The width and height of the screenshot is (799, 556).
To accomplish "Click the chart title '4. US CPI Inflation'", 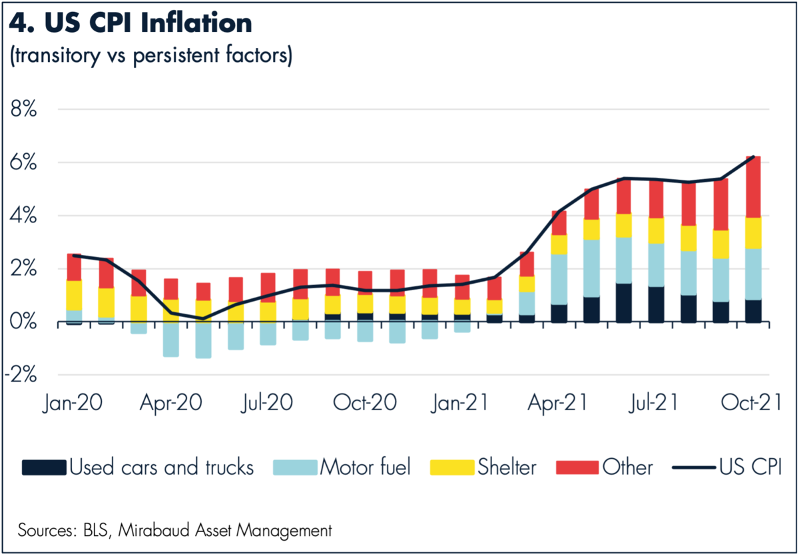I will [x=131, y=23].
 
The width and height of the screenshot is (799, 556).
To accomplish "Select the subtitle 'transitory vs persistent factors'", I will [x=150, y=57].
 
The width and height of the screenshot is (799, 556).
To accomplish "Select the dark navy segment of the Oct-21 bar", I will [x=753, y=311].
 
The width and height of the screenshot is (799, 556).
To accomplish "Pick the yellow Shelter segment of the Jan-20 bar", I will [x=75, y=296].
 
